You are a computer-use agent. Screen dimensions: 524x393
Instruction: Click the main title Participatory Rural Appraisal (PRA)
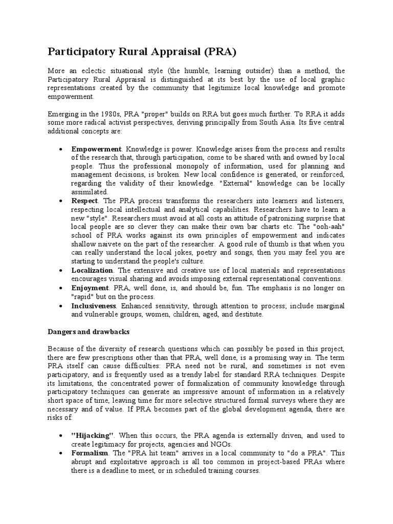point(142,52)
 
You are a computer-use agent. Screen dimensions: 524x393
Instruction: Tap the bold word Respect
point(84,200)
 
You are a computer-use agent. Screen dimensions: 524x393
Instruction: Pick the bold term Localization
point(92,270)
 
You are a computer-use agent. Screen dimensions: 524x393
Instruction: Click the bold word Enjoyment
point(90,288)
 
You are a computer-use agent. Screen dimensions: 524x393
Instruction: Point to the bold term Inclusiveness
point(94,305)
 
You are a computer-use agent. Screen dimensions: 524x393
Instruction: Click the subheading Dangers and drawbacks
point(89,332)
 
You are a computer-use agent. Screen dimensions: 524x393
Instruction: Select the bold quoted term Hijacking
point(93,435)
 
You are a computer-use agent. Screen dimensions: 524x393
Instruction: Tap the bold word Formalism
point(90,453)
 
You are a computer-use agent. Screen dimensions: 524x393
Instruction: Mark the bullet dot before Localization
point(61,270)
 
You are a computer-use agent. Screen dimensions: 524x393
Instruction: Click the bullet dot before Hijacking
point(61,435)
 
